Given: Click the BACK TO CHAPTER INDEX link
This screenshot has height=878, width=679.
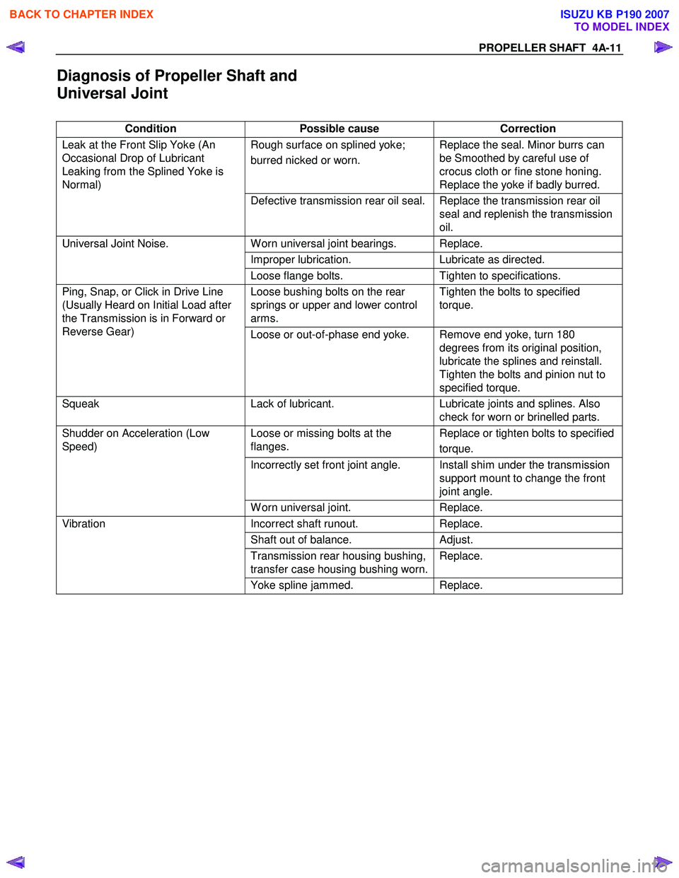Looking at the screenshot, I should [81, 14].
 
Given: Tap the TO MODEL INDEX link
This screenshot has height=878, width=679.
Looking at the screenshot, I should [621, 27].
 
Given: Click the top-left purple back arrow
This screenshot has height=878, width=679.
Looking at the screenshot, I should [16, 47].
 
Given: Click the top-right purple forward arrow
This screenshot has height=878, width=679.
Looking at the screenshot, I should [663, 47].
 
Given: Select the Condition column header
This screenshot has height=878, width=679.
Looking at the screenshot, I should [151, 129].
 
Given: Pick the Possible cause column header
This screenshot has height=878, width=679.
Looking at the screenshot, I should [339, 129].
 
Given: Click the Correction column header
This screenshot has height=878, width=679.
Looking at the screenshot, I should [528, 129].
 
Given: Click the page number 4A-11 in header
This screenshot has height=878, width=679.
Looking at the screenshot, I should [606, 48].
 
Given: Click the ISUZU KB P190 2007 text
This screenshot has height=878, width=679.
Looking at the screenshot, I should [614, 14].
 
